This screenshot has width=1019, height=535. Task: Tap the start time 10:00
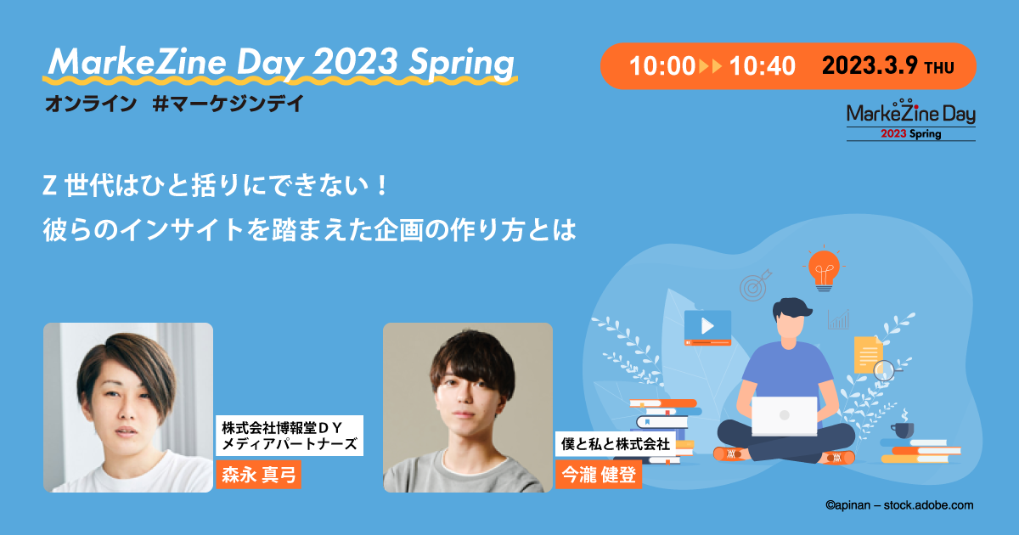[x=662, y=66]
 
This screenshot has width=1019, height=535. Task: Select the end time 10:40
[x=762, y=66]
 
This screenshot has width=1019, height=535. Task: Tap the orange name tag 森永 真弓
[x=259, y=473]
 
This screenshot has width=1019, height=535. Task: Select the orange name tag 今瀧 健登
[x=598, y=473]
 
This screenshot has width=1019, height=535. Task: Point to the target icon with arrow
[x=754, y=286]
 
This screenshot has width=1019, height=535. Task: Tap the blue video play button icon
[x=707, y=326]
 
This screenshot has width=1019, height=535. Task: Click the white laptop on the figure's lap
[x=784, y=416]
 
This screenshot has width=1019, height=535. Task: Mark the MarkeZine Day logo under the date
[x=910, y=119]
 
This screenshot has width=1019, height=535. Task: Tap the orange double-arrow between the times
[x=710, y=66]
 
